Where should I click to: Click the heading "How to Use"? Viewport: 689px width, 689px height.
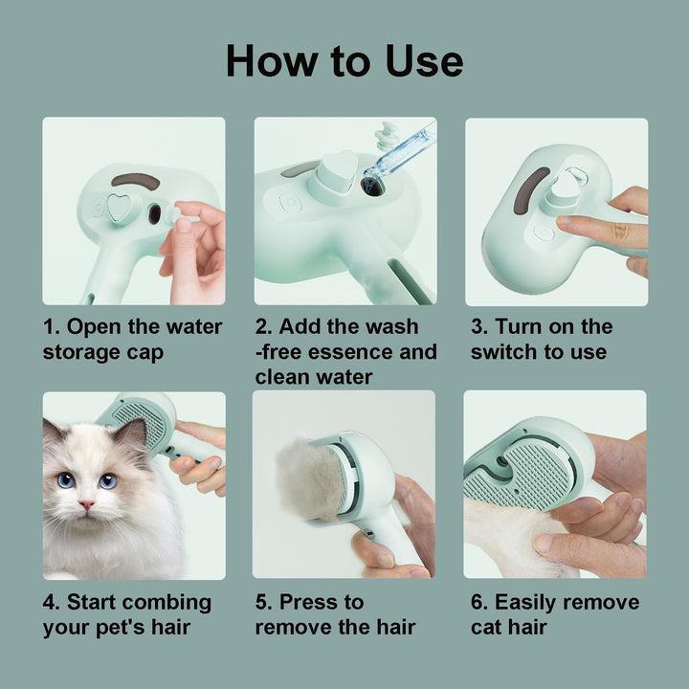coord(344,60)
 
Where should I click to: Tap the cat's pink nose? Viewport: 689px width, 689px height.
coord(86,504)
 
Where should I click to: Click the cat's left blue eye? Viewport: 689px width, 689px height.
coord(66,480)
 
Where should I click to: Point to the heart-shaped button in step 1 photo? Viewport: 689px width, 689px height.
coord(119,207)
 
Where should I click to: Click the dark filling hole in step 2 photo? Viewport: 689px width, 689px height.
coord(372,187)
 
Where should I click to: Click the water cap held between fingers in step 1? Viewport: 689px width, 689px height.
coord(173,214)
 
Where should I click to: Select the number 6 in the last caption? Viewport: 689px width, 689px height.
coord(477,602)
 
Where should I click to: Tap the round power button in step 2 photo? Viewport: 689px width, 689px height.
coord(290,204)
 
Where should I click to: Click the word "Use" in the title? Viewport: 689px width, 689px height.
coord(424,60)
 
